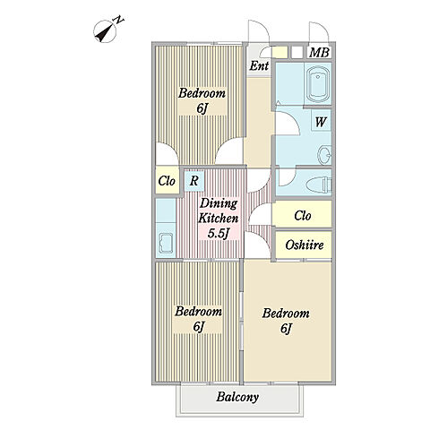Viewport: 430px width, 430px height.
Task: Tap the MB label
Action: [x=320, y=53]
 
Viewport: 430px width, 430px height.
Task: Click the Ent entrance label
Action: [x=259, y=65]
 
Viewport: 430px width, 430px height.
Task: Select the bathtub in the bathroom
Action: [x=318, y=83]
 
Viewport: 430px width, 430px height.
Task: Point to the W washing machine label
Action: [x=321, y=122]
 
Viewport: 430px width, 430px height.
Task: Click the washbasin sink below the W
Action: [x=324, y=155]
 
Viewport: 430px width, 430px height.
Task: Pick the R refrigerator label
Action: [x=194, y=181]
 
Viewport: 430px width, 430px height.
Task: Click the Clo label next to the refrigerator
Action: [x=167, y=181]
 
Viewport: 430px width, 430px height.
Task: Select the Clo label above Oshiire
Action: [x=303, y=215]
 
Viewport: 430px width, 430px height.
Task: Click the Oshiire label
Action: [x=305, y=245]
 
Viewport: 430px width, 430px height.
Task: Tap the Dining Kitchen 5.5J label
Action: [x=219, y=219]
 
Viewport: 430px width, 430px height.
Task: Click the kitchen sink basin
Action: [x=166, y=243]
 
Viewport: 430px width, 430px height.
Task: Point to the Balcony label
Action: [x=237, y=398]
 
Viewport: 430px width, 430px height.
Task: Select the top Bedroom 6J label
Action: [x=202, y=101]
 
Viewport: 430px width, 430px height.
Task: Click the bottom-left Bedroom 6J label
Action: [x=198, y=319]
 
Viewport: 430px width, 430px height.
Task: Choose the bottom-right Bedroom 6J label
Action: [x=286, y=322]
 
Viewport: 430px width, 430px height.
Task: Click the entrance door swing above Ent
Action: [x=259, y=31]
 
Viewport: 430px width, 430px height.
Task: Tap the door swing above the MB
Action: [x=319, y=31]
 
